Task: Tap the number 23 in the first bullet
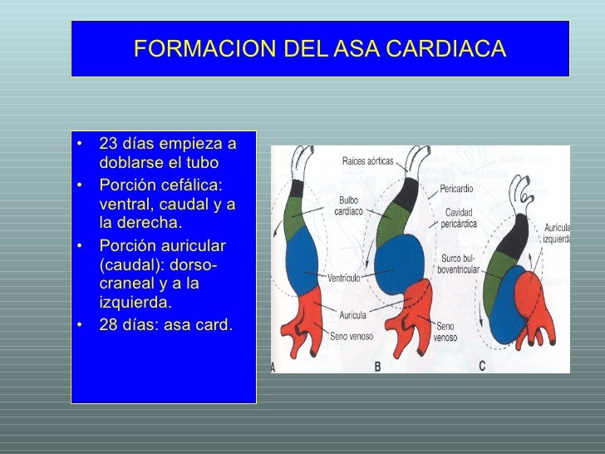[108, 144]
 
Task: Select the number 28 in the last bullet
[108, 324]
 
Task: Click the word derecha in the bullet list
[151, 224]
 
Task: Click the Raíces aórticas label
[367, 160]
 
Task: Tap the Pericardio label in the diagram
[456, 190]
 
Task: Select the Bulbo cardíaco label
[347, 205]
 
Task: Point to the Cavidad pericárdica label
[458, 219]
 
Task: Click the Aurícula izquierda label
[556, 233]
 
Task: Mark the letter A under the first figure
[274, 367]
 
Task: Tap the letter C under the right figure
[482, 366]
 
